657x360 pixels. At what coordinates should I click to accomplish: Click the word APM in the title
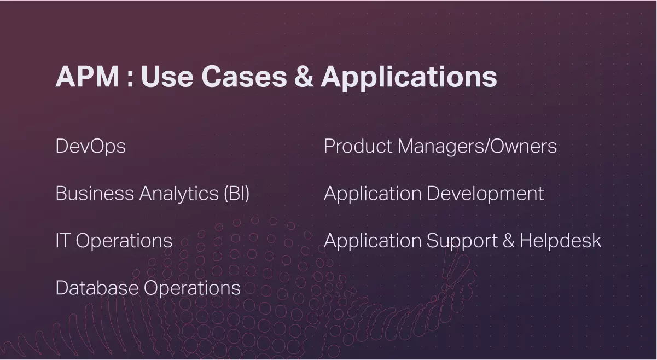[x=88, y=76]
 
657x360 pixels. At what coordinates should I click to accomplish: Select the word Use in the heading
[x=167, y=76]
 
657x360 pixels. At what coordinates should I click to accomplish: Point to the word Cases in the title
[x=245, y=76]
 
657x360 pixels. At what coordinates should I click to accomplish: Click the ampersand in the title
[x=304, y=76]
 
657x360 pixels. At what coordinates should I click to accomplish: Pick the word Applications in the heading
[x=409, y=78]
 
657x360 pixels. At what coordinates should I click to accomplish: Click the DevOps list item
[x=91, y=146]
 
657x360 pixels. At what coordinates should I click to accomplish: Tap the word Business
[x=95, y=193]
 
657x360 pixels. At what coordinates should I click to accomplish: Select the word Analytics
[x=179, y=194]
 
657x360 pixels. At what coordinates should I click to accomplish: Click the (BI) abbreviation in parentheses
[x=236, y=194]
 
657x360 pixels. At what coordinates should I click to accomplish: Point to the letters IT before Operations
[x=63, y=241]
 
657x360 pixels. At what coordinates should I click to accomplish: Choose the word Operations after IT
[x=124, y=241]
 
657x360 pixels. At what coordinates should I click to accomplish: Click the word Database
[x=97, y=288]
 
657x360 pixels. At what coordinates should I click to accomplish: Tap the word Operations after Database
[x=192, y=288]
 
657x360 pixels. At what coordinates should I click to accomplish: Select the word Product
[x=358, y=146]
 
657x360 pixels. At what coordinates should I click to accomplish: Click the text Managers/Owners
[x=477, y=147]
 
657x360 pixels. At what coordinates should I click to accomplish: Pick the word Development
[x=485, y=194]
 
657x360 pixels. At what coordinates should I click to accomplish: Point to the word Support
[x=462, y=241]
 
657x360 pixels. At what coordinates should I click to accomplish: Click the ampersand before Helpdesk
[x=509, y=241]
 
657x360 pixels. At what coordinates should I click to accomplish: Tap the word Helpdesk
[x=561, y=241]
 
